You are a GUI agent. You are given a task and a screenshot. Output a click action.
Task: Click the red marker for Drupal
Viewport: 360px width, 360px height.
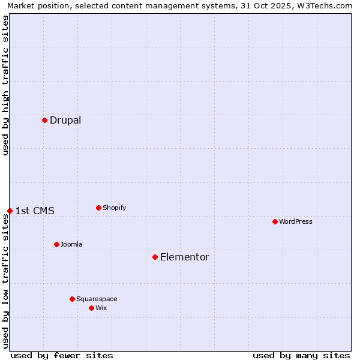coord(44,120)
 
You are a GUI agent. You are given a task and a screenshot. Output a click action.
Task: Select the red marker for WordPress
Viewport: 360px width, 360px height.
coord(275,221)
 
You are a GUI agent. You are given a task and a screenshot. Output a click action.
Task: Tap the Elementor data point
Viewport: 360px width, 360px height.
coord(155,257)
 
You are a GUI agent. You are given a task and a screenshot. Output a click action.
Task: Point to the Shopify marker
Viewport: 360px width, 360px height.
coord(98,208)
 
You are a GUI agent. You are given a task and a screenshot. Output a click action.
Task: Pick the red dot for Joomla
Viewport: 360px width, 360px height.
coord(56,244)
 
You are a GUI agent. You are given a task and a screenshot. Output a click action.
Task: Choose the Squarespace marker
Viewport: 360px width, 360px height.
coord(72,299)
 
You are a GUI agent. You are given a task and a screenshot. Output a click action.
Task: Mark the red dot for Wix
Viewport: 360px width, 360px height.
coord(91,308)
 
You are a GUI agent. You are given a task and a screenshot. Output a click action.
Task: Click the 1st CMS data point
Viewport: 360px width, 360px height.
coord(10,211)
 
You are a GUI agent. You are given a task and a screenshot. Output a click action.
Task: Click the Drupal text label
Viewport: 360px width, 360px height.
coord(65,120)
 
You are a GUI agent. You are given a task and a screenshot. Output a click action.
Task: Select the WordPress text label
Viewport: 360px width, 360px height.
coord(296,221)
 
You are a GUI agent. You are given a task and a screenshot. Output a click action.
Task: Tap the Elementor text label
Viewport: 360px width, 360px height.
coord(185,257)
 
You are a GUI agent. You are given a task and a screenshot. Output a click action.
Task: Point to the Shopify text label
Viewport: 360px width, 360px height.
coord(115,208)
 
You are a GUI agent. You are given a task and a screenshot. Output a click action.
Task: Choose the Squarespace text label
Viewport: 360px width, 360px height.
coord(97,299)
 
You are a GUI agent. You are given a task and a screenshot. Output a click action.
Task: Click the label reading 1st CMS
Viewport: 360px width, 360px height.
coord(35,211)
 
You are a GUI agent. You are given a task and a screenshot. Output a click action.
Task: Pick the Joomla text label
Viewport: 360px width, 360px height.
coord(71,244)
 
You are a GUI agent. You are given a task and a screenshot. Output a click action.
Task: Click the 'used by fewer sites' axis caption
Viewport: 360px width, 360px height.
coord(62,355)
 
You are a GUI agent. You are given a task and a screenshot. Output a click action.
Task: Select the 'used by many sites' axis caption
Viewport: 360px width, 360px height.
coord(301,355)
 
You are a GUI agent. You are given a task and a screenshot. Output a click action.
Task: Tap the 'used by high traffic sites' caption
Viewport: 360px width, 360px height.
coord(5,85)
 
